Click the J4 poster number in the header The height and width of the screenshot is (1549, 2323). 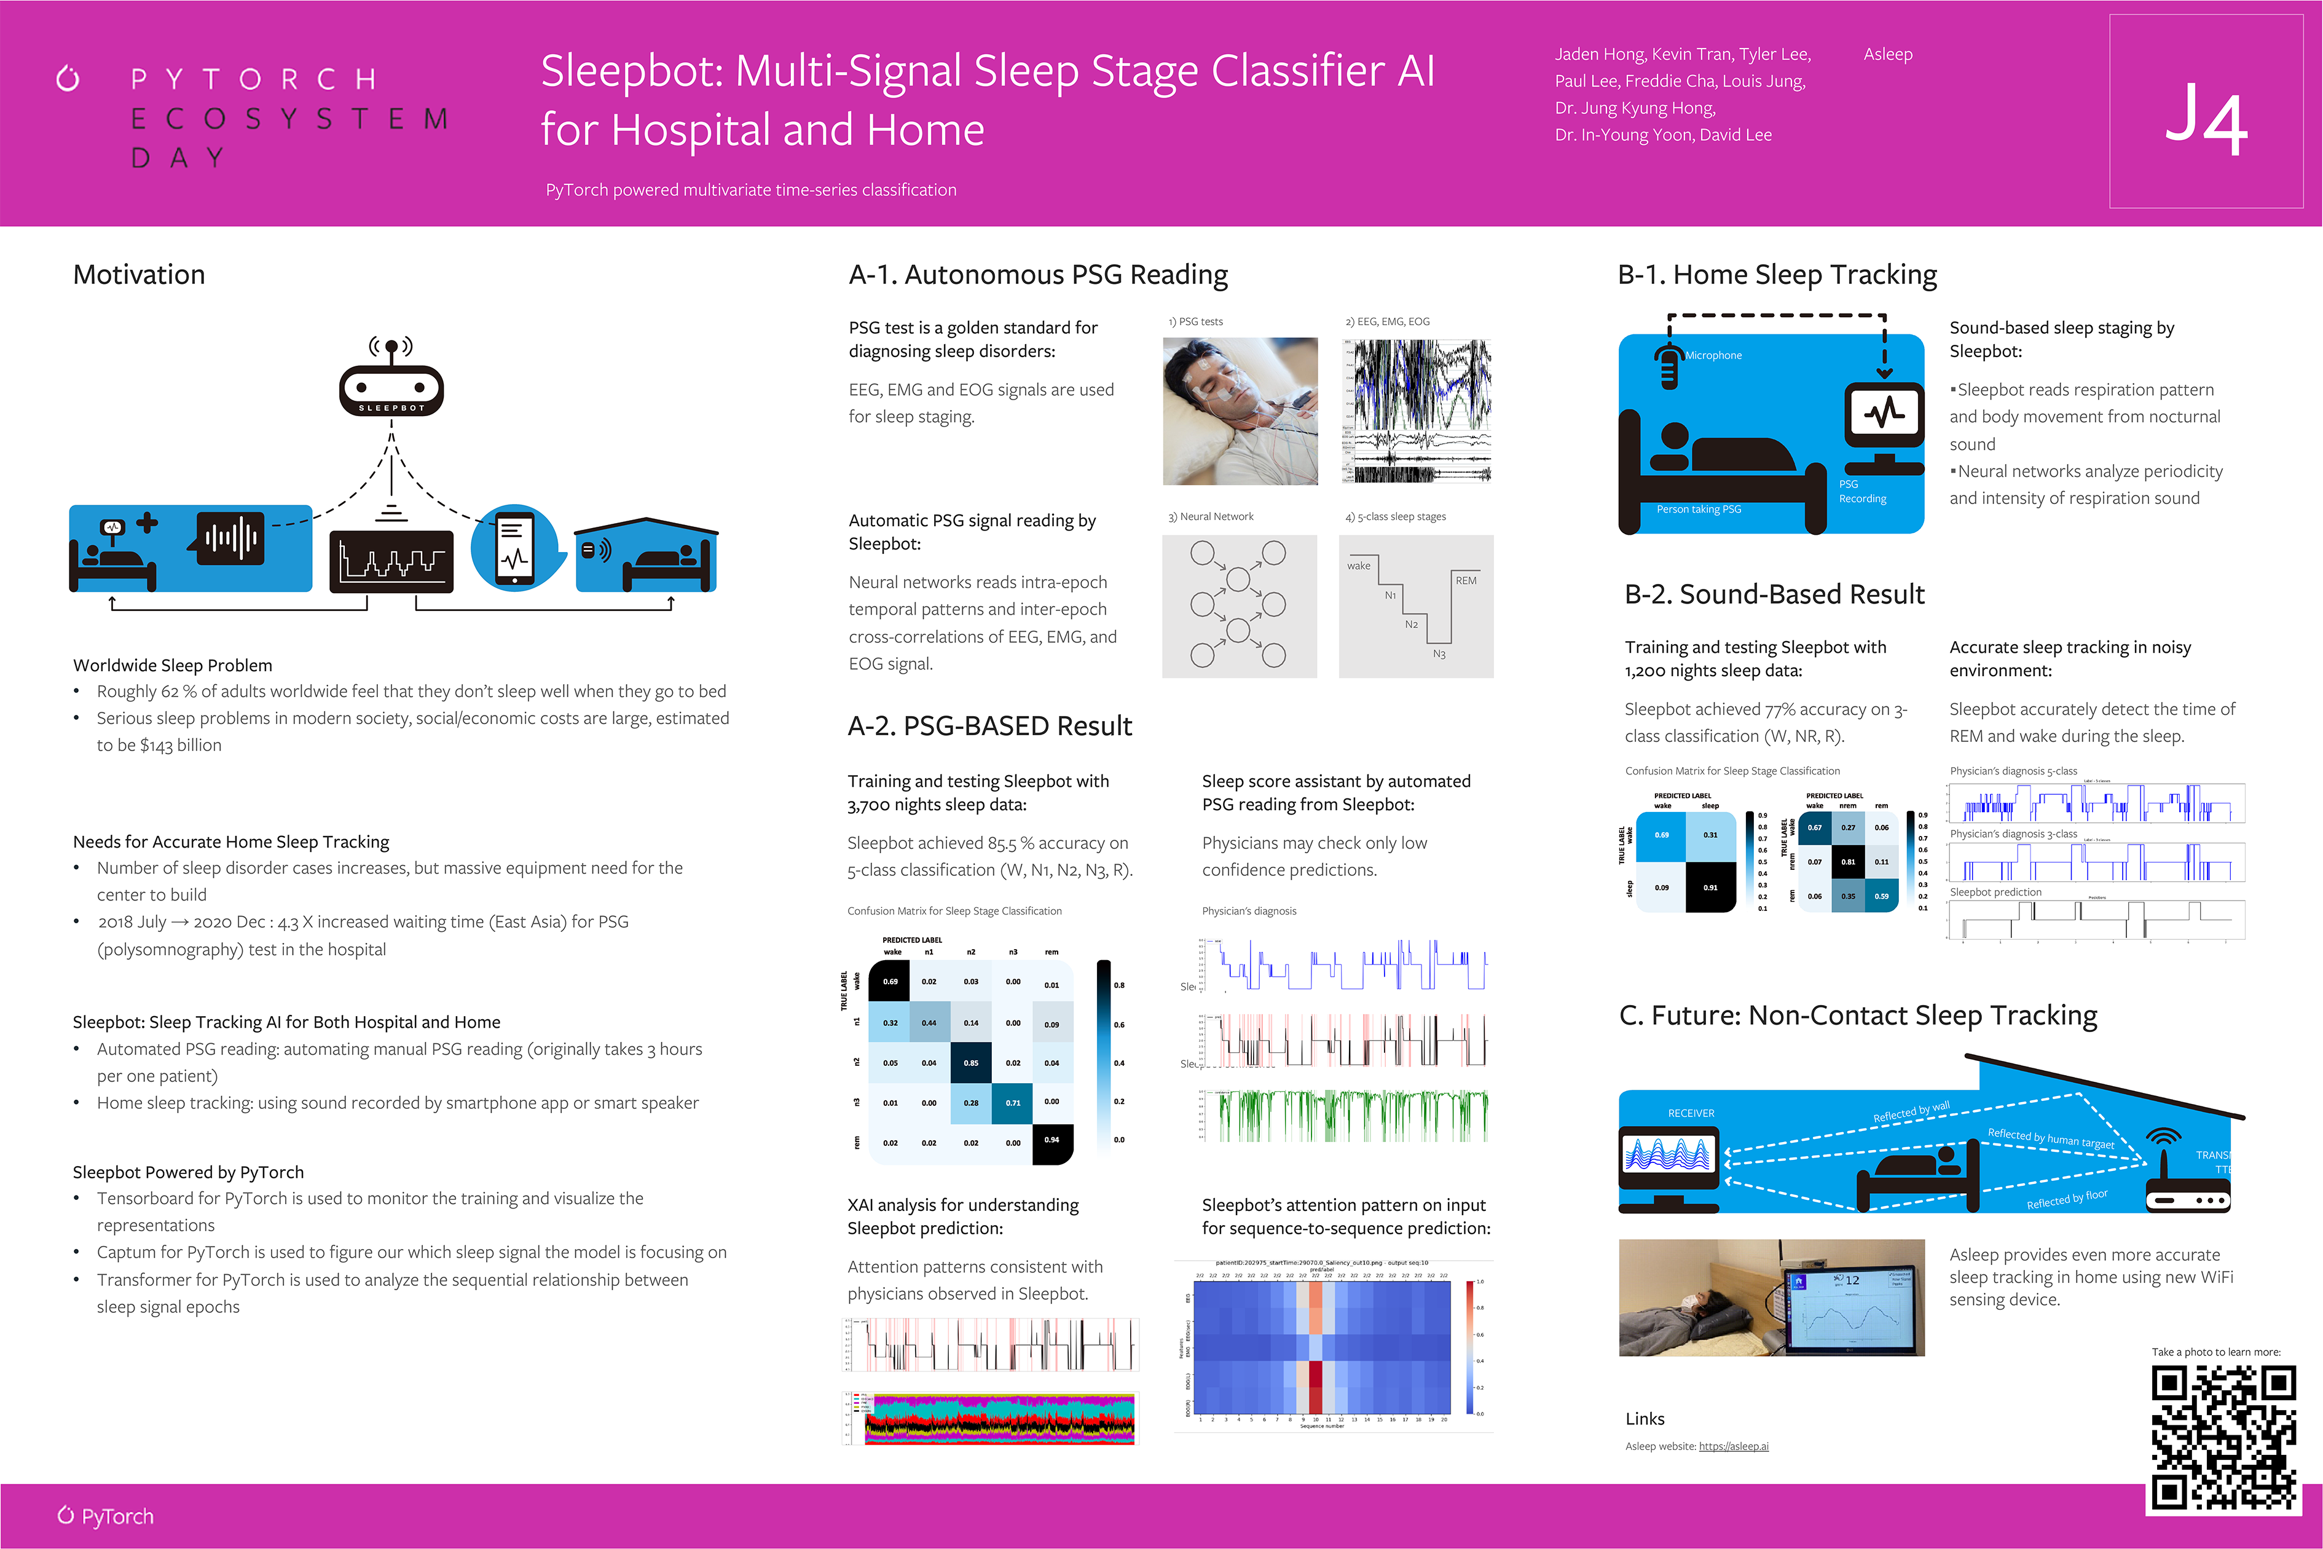point(2206,122)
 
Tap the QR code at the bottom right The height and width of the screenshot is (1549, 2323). point(2223,1437)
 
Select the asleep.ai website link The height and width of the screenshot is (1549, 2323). point(1734,1446)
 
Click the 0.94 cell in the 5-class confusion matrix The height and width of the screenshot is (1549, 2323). point(1052,1141)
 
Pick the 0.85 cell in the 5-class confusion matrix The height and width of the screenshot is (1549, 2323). point(971,1063)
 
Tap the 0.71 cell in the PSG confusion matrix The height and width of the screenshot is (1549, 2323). point(1012,1103)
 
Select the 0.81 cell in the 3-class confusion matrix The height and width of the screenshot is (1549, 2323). point(1848,861)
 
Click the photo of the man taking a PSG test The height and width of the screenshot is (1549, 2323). point(1240,411)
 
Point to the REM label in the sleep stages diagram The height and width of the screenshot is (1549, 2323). point(1466,581)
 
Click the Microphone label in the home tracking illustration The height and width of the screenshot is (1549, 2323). point(1713,356)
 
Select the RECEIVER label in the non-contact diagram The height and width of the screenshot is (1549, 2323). point(1691,1113)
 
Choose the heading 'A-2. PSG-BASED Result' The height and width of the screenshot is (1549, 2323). point(989,726)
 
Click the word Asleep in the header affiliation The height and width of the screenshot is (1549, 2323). point(1887,54)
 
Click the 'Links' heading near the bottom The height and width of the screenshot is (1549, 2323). point(1645,1419)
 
